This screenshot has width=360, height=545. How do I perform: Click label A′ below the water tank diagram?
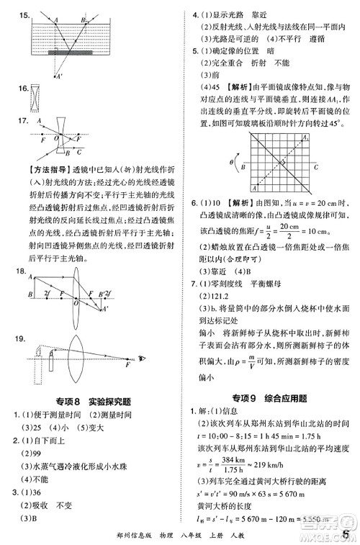pyautogui.click(x=58, y=76)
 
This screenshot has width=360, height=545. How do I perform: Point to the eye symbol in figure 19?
pyautogui.click(x=141, y=357)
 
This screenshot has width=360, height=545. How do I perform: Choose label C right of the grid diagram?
pyautogui.click(x=315, y=166)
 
